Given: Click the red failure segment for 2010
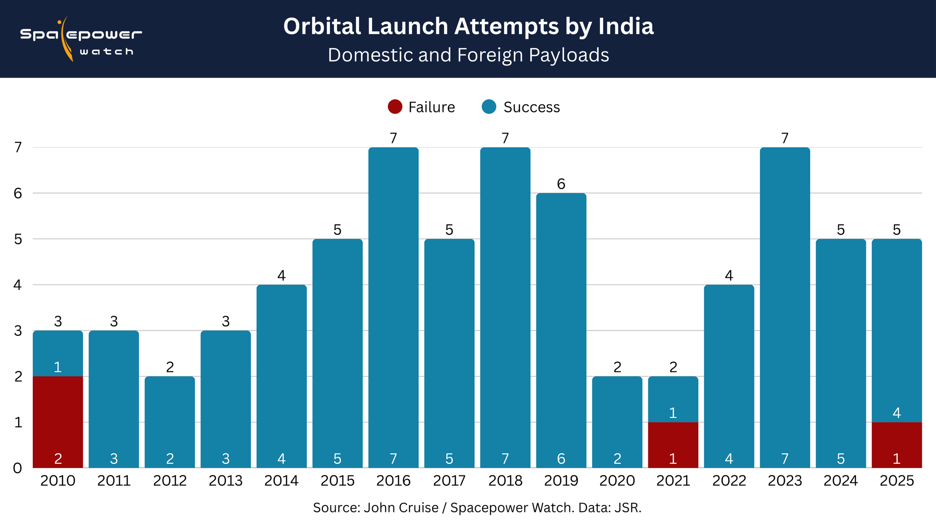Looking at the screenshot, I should point(58,422).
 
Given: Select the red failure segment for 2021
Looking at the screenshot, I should point(673,445).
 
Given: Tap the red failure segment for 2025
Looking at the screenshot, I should point(897,445).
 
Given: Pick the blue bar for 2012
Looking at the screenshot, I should point(169,422).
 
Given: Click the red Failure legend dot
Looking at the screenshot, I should point(395,107).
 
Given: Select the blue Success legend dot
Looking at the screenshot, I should point(489,107).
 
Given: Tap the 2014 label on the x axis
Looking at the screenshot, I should point(281,481).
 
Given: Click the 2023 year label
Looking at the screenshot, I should point(785,481).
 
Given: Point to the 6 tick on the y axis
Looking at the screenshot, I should point(18,193).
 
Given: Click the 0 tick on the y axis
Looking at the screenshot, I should point(18,468).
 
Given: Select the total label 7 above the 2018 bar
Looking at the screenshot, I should point(505,138).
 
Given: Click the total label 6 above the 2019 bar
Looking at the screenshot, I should point(561,184).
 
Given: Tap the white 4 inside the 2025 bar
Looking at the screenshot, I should point(897,413).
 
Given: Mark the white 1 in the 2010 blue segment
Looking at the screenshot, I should point(58,367).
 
